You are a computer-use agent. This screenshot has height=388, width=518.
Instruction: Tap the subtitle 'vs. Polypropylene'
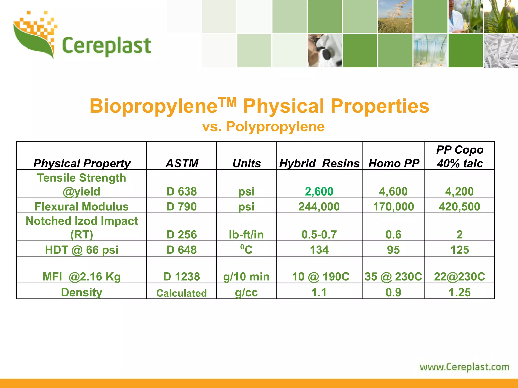(263, 126)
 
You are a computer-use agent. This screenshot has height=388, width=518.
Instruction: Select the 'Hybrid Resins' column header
(319, 163)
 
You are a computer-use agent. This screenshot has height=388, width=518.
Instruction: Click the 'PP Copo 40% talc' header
(460, 157)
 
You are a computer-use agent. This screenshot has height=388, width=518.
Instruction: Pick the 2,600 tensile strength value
(319, 191)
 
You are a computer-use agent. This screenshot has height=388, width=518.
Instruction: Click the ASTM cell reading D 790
(181, 207)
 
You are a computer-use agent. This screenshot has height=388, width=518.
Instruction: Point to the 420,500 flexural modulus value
(459, 207)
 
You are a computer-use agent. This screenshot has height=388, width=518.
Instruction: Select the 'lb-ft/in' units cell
(246, 235)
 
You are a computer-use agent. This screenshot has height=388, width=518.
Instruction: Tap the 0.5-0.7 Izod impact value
(319, 235)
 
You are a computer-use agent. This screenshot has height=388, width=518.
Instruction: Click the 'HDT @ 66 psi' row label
(81, 250)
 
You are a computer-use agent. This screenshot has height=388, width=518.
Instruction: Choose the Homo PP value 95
(393, 250)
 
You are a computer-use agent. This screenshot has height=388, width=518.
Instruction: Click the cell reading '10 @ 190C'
(320, 277)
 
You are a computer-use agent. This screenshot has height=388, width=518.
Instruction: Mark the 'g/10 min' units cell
(246, 277)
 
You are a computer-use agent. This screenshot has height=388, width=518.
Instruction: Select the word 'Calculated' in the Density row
(181, 293)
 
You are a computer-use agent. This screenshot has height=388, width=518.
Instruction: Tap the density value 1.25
(459, 293)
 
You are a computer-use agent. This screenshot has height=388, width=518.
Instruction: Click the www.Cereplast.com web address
(464, 367)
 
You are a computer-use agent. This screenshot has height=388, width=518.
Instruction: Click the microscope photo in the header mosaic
(325, 51)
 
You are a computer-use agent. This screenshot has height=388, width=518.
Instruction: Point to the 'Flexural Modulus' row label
(81, 207)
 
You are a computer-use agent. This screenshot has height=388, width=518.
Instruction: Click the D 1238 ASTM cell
(181, 277)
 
